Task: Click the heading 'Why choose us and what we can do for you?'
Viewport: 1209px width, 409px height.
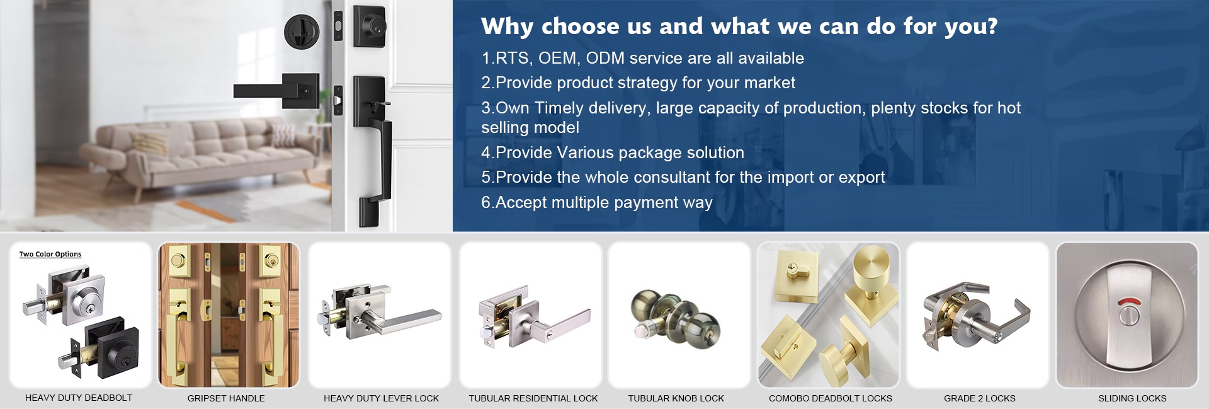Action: tap(739, 26)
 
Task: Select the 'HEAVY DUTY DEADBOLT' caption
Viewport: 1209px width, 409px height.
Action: tap(79, 398)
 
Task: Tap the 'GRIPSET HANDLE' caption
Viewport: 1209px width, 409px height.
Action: tap(226, 398)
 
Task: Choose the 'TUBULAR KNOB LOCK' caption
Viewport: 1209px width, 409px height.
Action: tap(676, 398)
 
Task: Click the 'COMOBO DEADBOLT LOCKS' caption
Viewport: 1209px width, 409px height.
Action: tap(830, 398)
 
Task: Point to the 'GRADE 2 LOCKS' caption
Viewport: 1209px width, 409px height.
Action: tap(979, 398)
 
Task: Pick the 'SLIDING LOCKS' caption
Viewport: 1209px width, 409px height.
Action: tap(1132, 398)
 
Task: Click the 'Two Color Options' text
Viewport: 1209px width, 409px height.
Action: tap(50, 254)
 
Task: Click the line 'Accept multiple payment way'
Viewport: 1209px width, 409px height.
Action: tap(597, 202)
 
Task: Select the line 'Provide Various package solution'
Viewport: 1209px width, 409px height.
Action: tap(613, 153)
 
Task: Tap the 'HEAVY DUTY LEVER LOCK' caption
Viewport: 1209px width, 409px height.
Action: tap(381, 398)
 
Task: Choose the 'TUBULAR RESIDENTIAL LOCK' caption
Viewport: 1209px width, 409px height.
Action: tap(533, 398)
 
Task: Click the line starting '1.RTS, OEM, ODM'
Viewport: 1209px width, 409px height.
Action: tap(642, 58)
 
